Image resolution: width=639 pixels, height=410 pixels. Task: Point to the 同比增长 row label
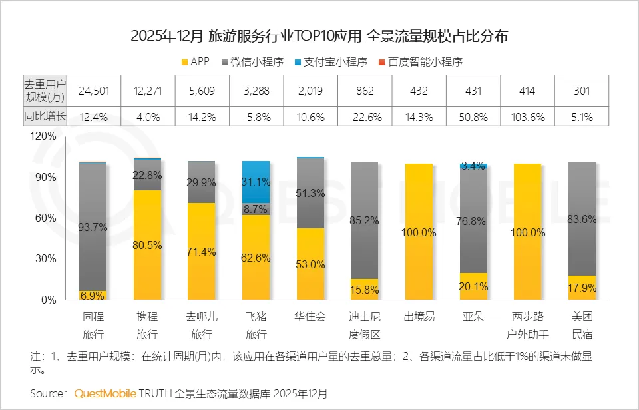click(44, 117)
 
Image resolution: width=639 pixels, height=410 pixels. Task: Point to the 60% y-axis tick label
click(47, 218)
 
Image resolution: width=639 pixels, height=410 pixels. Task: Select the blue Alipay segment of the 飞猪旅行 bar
click(256, 182)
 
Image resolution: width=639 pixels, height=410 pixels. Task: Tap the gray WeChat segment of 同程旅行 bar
click(93, 226)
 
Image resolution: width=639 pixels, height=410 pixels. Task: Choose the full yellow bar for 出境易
click(419, 232)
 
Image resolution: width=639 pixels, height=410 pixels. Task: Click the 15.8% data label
click(364, 290)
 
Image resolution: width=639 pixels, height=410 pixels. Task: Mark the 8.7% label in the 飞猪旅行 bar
click(256, 209)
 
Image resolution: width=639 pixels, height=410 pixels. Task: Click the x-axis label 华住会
click(310, 317)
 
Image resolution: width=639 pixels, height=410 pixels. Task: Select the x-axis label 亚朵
click(473, 317)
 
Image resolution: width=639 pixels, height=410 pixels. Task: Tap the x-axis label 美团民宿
click(582, 325)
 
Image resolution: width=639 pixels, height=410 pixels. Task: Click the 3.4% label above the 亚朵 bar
click(473, 166)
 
